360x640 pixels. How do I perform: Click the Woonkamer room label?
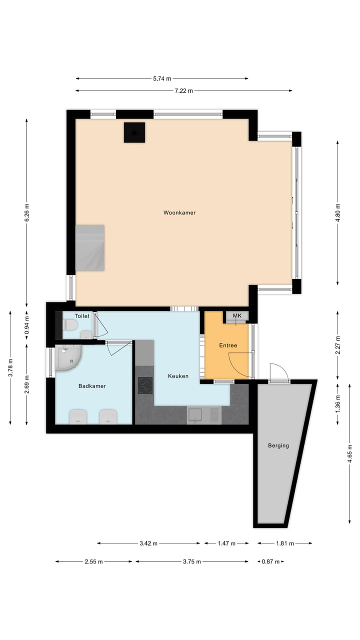179,212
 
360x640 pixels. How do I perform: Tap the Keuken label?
178,376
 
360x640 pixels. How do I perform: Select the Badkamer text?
92,386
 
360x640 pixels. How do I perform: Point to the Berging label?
278,445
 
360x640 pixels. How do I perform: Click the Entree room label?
228,345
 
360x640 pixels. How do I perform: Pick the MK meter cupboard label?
237,316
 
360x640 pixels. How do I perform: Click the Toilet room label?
82,316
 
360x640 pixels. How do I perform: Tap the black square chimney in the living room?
134,132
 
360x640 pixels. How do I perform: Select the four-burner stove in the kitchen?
145,385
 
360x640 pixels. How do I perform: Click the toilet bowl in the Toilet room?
70,326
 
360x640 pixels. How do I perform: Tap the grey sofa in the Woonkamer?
90,248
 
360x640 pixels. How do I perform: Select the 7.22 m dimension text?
183,91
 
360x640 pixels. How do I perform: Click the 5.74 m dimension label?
161,78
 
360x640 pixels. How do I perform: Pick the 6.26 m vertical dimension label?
27,212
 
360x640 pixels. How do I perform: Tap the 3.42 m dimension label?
148,543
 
